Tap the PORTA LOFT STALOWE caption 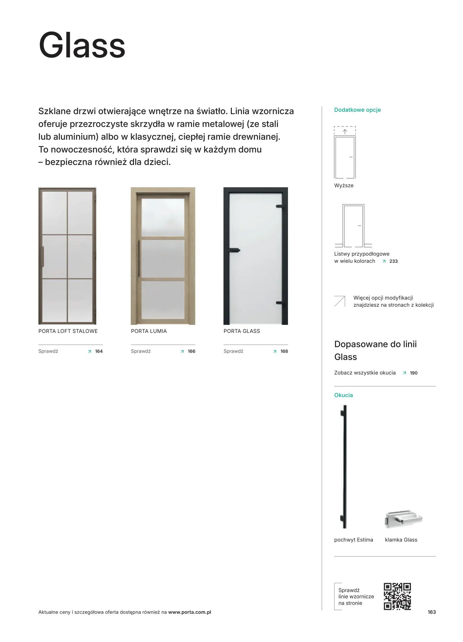[68, 331]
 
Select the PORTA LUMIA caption [149, 331]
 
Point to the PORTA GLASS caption [242, 331]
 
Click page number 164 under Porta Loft [99, 351]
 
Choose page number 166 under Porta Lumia [191, 351]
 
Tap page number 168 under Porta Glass [284, 351]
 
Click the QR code [397, 596]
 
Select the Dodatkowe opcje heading [357, 110]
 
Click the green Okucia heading [343, 395]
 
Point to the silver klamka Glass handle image [403, 519]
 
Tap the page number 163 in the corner [431, 612]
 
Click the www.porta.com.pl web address [190, 612]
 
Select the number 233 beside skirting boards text [393, 261]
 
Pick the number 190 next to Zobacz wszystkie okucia [413, 373]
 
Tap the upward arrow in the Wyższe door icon [345, 131]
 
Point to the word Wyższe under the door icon [344, 185]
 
